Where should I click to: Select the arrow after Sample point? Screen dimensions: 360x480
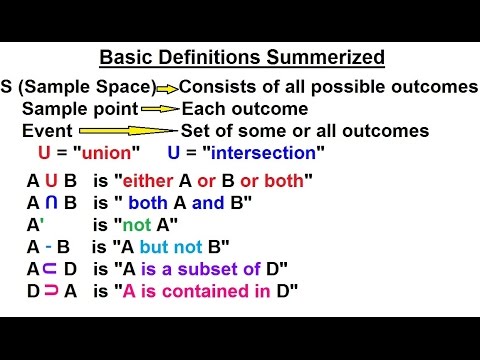click(159, 109)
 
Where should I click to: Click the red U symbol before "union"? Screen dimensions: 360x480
click(42, 153)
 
